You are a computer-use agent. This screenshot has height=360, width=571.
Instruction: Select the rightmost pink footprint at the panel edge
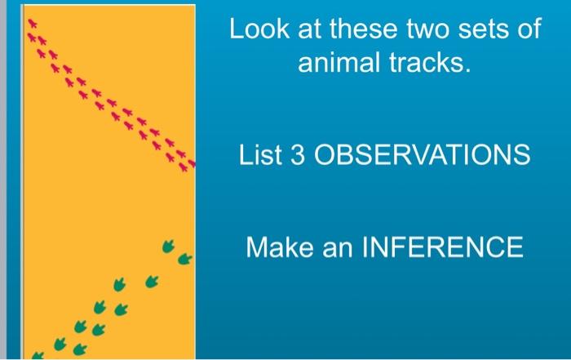pos(191,162)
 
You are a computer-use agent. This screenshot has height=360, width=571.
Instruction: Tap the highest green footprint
pos(170,243)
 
